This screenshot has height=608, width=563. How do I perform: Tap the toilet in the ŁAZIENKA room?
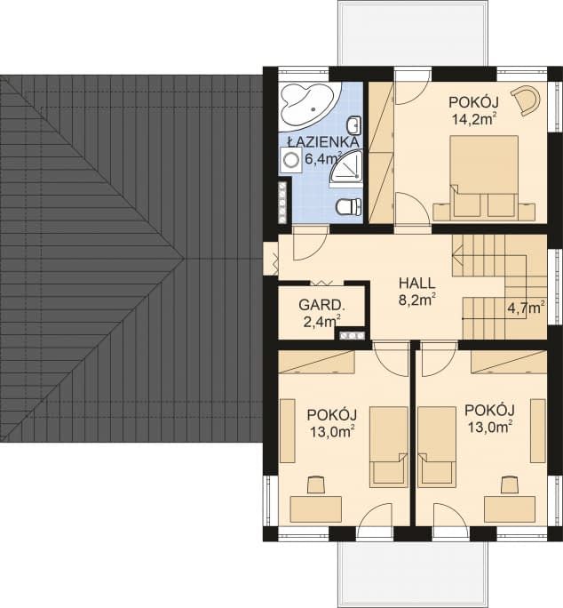pyautogui.click(x=350, y=206)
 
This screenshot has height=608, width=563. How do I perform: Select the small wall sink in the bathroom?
pyautogui.click(x=354, y=124)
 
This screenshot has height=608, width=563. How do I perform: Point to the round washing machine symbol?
pyautogui.click(x=290, y=160)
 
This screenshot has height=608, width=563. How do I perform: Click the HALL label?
pyautogui.click(x=417, y=283)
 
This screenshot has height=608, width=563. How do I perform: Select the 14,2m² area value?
pyautogui.click(x=474, y=118)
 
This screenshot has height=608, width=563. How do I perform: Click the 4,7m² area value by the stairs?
pyautogui.click(x=527, y=308)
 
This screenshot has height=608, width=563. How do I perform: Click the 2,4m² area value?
pyautogui.click(x=322, y=321)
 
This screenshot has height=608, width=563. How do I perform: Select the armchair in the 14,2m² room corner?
pyautogui.click(x=527, y=100)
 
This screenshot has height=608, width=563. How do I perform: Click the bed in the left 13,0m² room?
pyautogui.click(x=389, y=446)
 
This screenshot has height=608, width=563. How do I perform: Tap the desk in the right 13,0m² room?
pyautogui.click(x=510, y=509)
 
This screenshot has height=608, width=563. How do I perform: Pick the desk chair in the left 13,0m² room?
pyautogui.click(x=316, y=484)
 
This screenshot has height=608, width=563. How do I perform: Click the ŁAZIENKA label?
pyautogui.click(x=323, y=142)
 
